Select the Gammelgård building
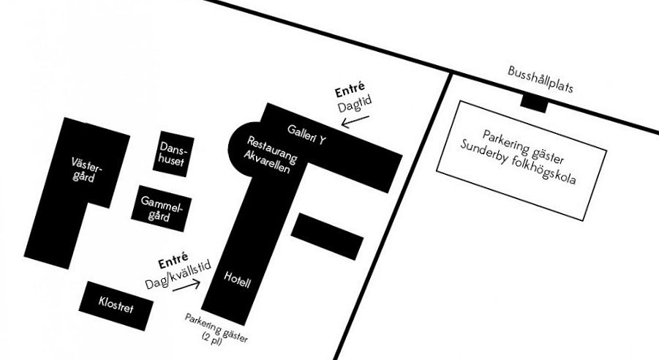161,209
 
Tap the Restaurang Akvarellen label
268,154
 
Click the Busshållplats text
541,78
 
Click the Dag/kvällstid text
179,274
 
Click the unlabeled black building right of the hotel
327,237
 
